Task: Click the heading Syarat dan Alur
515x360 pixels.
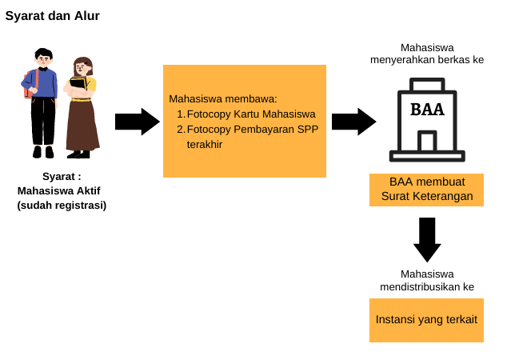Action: tap(52, 15)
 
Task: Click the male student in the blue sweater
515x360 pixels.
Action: tap(42, 100)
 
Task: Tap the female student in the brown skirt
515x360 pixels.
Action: tap(82, 108)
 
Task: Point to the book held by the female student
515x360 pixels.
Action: tap(78, 82)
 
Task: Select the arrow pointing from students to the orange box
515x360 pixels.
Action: tap(137, 122)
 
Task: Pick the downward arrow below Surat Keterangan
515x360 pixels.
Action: tap(427, 239)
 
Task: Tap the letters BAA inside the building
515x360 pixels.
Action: tap(427, 109)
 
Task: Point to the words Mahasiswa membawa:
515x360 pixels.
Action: tap(222, 98)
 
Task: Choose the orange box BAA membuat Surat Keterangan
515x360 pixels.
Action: tap(427, 189)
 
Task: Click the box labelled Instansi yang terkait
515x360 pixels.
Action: tap(427, 320)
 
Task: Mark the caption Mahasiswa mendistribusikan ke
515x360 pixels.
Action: tap(427, 280)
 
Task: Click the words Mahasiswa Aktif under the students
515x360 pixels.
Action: tap(62, 190)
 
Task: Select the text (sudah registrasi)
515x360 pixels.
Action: tap(62, 204)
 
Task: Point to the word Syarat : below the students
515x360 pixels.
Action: tap(62, 176)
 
